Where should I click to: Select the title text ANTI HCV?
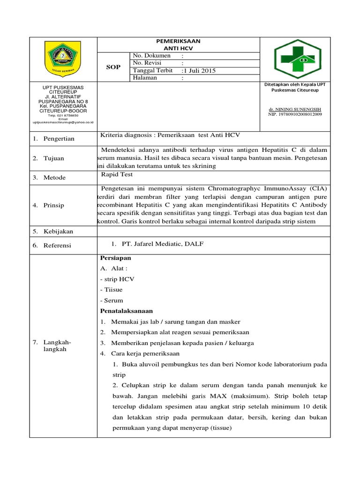pos(178,48)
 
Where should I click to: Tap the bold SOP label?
pos(113,67)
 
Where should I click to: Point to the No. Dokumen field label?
pos(152,56)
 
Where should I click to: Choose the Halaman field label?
pos(145,78)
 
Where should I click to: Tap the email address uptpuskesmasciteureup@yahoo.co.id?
pos(63,122)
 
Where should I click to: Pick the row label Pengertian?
pos(59,139)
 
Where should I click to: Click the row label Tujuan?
pos(54,158)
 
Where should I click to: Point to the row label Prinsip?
pos(54,205)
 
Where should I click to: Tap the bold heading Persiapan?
pos(116,258)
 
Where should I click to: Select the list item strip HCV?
pos(117,279)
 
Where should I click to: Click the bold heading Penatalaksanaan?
pos(127,311)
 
